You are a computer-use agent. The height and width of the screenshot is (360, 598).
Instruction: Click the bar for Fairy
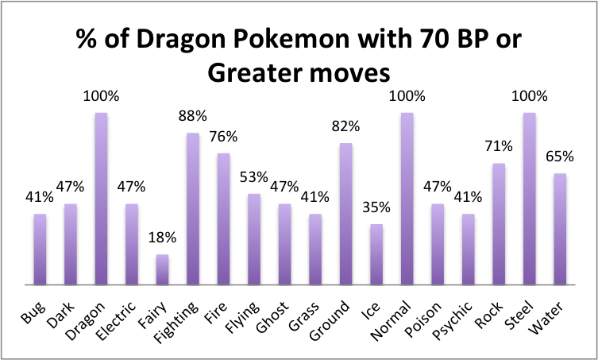[x=162, y=269]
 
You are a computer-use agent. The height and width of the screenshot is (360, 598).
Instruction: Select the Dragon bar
[x=101, y=199]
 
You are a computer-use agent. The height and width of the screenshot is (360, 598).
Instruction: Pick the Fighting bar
[x=193, y=209]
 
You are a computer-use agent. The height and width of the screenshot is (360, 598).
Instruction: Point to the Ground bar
[x=346, y=214]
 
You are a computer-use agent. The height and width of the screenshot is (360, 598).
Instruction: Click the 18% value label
[x=162, y=238]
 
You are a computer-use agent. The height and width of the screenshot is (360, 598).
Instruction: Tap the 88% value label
[x=193, y=116]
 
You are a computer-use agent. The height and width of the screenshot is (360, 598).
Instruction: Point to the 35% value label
[x=376, y=207]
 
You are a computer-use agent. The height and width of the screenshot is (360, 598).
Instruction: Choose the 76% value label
[x=223, y=137]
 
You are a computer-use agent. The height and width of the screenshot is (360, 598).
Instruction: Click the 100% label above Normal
[x=407, y=96]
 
